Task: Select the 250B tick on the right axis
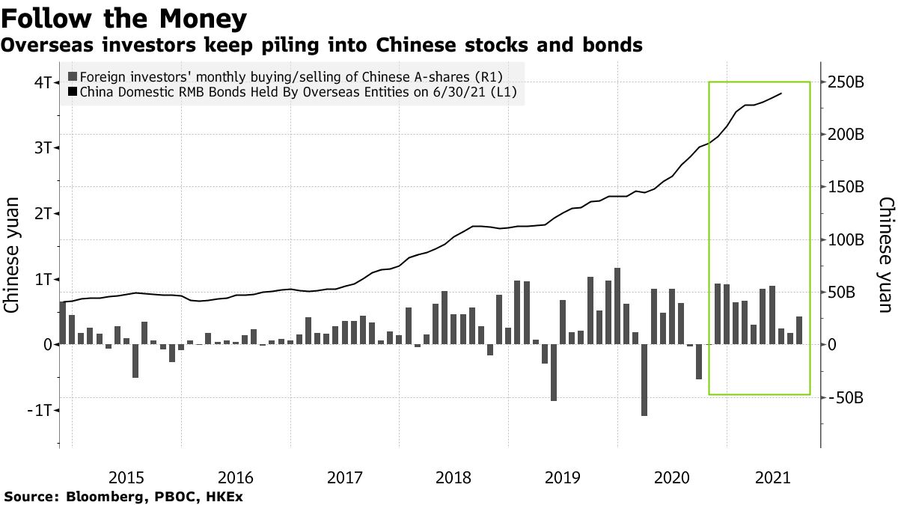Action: (x=846, y=82)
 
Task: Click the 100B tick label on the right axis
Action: (x=846, y=240)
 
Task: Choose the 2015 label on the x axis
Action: (x=127, y=477)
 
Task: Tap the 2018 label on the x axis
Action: (x=453, y=477)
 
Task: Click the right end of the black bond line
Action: (x=782, y=94)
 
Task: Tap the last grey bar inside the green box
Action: (x=799, y=330)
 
